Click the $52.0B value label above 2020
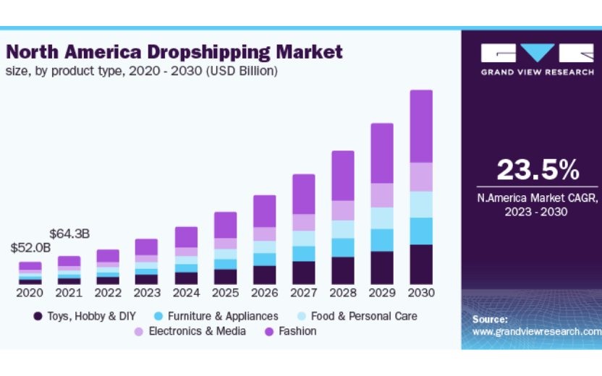[30, 247]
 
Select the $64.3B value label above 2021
[69, 234]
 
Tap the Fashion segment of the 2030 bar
[421, 127]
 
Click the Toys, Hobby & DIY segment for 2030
[421, 264]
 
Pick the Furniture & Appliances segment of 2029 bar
[382, 240]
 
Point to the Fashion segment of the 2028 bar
[343, 176]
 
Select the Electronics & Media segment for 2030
[421, 177]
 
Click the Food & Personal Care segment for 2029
[382, 218]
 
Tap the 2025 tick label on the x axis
[225, 294]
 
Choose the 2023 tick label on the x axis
[147, 294]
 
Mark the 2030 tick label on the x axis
[421, 294]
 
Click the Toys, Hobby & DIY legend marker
[38, 316]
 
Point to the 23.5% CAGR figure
[538, 170]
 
